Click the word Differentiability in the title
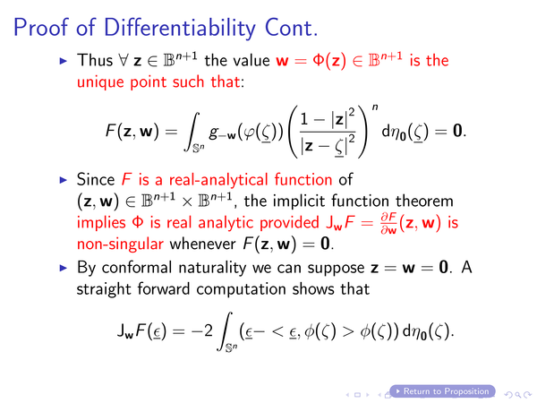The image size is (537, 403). point(179,28)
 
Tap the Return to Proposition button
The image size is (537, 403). point(442,391)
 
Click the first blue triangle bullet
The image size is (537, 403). point(64,61)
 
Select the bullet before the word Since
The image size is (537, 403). point(64,180)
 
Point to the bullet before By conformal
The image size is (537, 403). point(64,268)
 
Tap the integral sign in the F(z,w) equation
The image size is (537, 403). point(192,132)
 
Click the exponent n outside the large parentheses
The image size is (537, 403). point(375,107)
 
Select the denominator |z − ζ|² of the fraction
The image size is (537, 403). point(328,147)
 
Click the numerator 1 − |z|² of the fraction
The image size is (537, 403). point(328,119)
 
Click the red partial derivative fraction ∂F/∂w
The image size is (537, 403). point(388,223)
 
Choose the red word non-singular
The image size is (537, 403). point(120,244)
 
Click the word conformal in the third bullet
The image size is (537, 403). point(136,267)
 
